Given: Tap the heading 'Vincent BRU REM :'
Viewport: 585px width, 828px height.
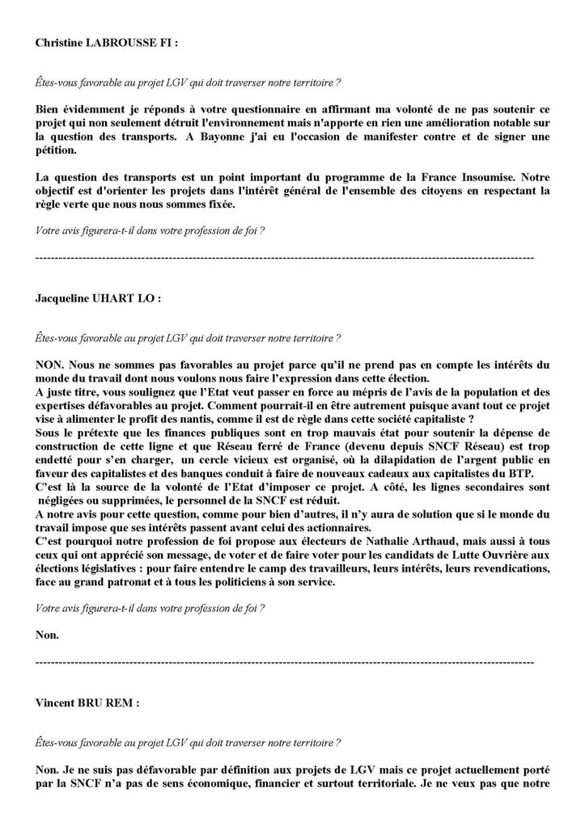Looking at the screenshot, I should (87, 703).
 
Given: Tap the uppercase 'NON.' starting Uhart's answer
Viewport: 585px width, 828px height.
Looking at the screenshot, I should (50, 365).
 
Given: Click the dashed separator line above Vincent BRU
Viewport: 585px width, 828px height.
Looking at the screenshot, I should (284, 662).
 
